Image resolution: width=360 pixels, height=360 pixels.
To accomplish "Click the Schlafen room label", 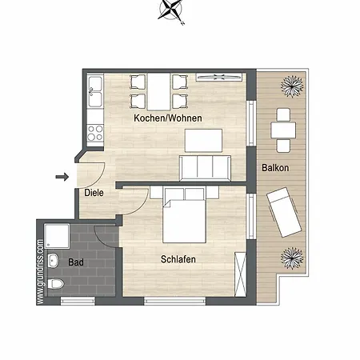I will coord(178,259).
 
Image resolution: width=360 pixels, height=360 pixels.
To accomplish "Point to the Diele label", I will coord(94,192).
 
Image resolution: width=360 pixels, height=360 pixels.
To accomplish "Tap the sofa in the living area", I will coord(205,168).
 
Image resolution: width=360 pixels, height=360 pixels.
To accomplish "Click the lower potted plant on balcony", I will coord(290,258).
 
